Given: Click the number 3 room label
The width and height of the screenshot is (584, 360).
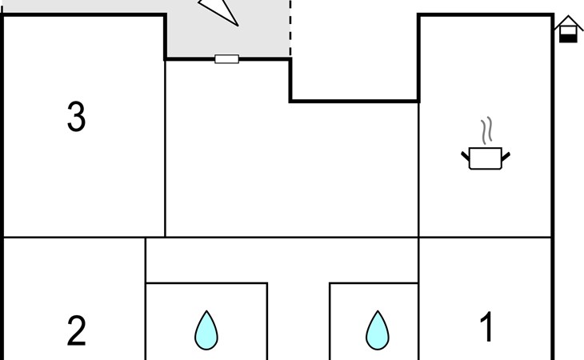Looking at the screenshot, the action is (x=76, y=117).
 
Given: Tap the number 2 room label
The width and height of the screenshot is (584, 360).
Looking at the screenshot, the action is (x=76, y=330).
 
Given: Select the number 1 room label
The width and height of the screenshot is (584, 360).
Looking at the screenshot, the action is (x=486, y=326).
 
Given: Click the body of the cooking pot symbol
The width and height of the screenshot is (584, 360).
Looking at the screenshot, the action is (x=486, y=158).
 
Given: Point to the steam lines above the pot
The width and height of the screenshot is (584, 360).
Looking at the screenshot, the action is (x=486, y=130).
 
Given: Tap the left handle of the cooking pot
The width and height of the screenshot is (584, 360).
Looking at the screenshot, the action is (x=466, y=156).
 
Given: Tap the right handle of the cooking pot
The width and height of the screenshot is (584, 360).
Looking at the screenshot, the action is (x=506, y=157).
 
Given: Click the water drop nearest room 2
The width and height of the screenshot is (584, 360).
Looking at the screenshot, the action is (x=206, y=330).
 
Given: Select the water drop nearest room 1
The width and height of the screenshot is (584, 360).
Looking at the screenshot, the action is (x=378, y=330).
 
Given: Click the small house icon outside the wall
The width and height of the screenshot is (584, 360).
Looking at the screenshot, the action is (x=568, y=29).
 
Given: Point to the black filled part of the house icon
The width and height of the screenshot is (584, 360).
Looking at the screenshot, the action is (x=568, y=38).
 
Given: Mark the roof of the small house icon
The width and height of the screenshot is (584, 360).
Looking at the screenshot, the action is (x=568, y=22).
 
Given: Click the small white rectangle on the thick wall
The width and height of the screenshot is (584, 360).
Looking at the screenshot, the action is (x=227, y=59).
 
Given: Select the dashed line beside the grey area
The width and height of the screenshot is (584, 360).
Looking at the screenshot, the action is (x=290, y=28).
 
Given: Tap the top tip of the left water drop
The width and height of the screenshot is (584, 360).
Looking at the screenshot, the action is (x=206, y=311).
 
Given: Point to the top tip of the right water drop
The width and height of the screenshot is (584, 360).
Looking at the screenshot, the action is (x=378, y=311).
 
